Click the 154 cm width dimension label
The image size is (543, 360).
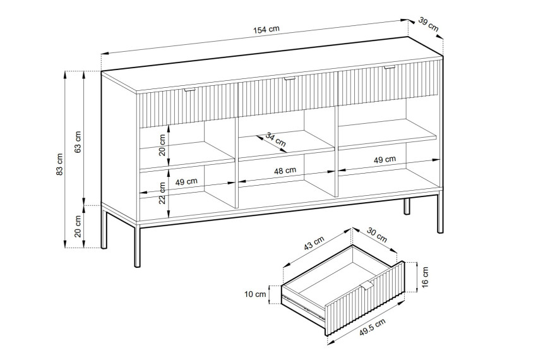click(266, 30)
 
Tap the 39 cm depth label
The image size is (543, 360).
click(428, 24)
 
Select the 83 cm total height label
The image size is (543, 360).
click(59, 164)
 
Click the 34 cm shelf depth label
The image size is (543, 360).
click(276, 139)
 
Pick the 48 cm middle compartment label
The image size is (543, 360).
click(285, 171)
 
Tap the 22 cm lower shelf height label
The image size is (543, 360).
click(163, 193)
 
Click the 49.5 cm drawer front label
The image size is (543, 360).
click(373, 327)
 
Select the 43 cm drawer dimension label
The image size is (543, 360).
click(314, 243)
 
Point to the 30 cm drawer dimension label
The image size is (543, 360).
click(377, 235)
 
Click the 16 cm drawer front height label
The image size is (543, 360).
click(426, 277)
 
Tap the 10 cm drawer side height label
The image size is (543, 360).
click(255, 294)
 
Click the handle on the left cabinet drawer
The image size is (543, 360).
click(190, 90)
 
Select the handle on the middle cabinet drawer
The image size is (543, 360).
click(290, 79)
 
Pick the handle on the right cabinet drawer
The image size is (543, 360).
click(390, 67)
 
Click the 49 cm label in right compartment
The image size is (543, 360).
click(385, 160)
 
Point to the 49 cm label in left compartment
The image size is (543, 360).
click(186, 181)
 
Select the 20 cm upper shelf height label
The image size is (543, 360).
click(162, 145)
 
